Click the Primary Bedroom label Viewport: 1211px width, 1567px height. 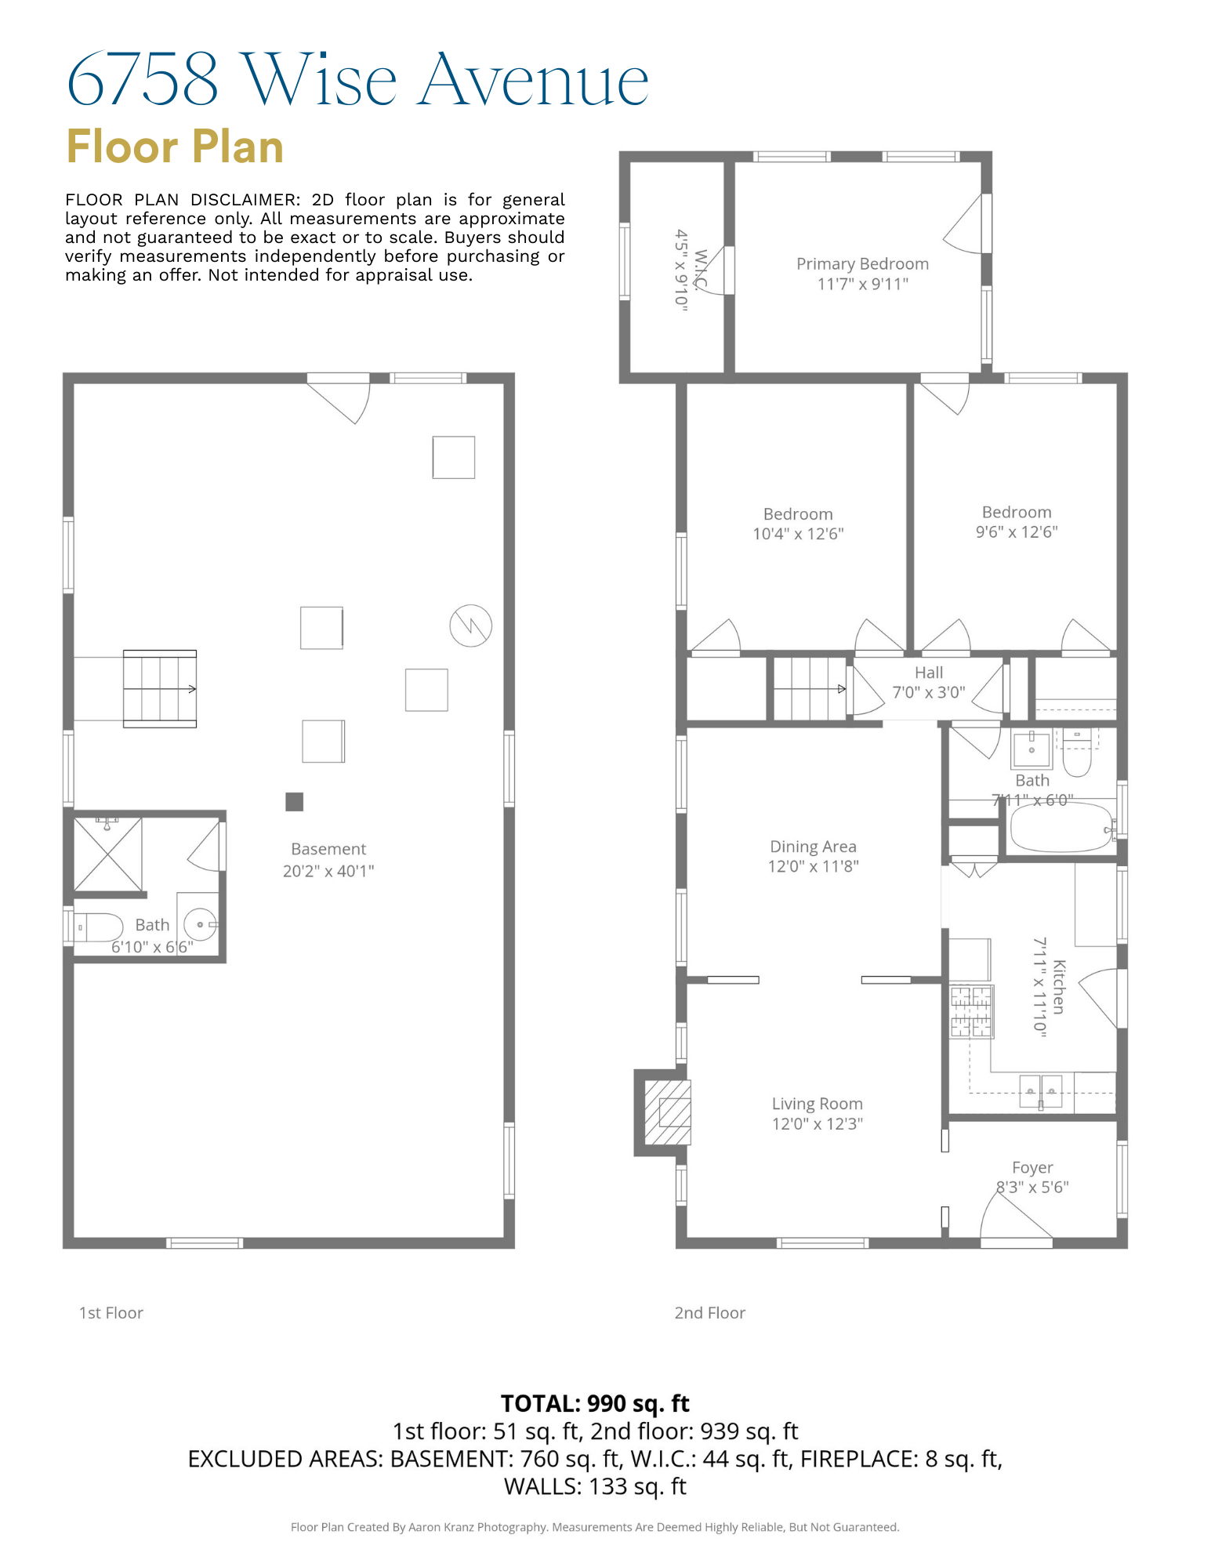(862, 264)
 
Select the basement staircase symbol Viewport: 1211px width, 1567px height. (160, 689)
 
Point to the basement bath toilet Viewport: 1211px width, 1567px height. (97, 927)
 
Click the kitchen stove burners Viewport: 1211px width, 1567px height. (971, 1012)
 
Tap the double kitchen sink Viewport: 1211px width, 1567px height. (1040, 1091)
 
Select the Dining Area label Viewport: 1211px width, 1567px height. (813, 847)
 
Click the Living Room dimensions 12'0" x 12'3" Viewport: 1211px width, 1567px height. (817, 1123)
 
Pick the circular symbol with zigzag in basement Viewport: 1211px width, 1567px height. (470, 626)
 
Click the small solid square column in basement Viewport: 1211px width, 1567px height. (294, 801)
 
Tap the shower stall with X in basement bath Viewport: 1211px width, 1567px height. (108, 854)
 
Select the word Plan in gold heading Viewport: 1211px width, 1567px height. (237, 147)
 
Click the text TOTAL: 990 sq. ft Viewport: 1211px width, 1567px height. (595, 1403)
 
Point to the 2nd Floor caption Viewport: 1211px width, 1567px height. (709, 1313)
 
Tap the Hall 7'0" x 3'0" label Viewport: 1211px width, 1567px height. (929, 682)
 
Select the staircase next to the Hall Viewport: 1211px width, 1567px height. (810, 689)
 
